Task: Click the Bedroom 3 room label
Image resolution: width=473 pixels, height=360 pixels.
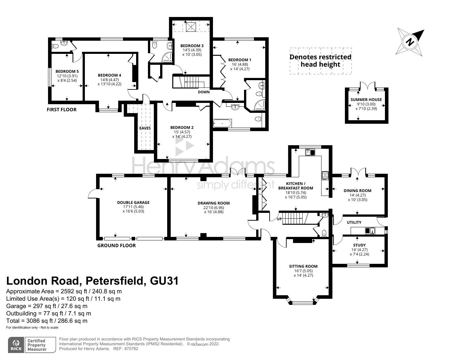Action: [x=192, y=46]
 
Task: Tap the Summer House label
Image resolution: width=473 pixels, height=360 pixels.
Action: [x=366, y=99]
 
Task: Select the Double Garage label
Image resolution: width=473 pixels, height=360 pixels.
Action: [x=133, y=202]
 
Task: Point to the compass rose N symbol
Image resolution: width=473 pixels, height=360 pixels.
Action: [x=410, y=41]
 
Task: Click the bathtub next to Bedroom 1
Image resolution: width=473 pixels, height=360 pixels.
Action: [x=222, y=123]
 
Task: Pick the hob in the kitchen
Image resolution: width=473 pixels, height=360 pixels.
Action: [x=325, y=175]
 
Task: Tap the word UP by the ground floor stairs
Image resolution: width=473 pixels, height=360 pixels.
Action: [x=279, y=219]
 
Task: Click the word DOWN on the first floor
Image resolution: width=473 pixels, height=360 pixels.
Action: [x=204, y=92]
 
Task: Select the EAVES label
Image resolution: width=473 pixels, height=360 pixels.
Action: [x=145, y=128]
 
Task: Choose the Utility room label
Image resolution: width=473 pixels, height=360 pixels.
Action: [x=354, y=222]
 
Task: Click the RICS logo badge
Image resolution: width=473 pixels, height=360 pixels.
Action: [x=16, y=345]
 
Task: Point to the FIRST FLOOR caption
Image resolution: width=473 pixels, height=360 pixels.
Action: [x=62, y=110]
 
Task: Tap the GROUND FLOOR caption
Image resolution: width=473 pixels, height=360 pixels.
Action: [x=117, y=246]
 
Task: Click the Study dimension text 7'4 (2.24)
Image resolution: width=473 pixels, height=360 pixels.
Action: [x=359, y=254]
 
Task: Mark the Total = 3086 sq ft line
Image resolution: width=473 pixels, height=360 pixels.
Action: [x=47, y=321]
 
